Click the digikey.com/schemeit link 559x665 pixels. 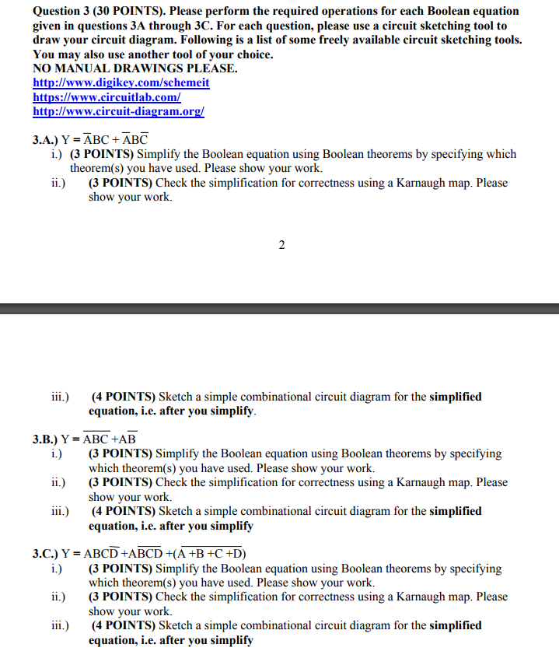tap(121, 83)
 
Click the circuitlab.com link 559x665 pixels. tap(107, 97)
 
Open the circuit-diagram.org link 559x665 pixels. tap(118, 111)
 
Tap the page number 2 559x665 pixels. tap(281, 246)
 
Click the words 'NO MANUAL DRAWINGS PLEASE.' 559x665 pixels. tap(135, 69)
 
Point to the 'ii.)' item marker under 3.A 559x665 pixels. tap(58, 183)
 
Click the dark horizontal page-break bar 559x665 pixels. tap(279, 309)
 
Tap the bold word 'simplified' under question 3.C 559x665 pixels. tap(455, 625)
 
